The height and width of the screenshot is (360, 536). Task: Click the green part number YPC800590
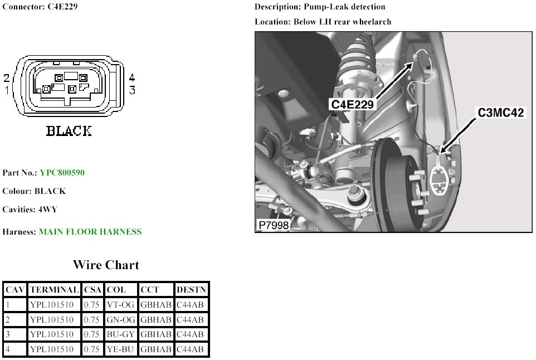[62, 173]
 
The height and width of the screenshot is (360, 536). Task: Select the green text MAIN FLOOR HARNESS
[90, 232]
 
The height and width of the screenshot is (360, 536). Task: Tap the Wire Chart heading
[106, 265]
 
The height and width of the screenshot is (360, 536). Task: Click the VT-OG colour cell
[121, 305]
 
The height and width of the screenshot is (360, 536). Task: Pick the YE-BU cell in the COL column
[121, 349]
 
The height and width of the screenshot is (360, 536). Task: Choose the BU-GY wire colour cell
[121, 334]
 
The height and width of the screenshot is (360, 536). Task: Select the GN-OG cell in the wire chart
[121, 320]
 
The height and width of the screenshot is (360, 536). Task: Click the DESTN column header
[192, 290]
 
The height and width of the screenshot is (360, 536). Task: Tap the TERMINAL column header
[55, 290]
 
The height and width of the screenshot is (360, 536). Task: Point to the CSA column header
[92, 290]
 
